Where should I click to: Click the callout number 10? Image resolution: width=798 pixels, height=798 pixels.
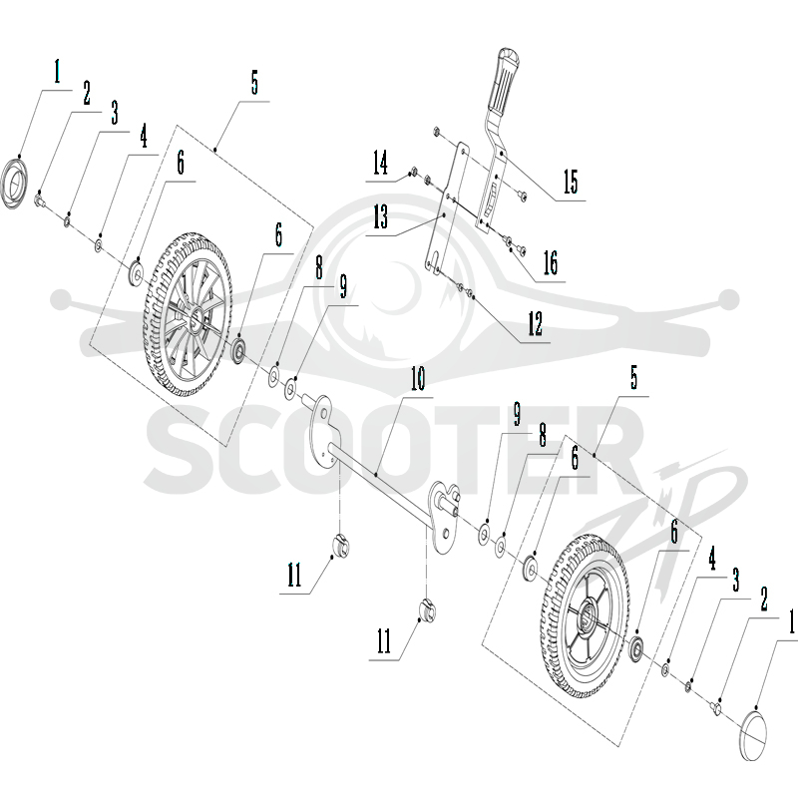(417, 379)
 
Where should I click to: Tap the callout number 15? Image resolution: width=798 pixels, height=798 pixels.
(571, 182)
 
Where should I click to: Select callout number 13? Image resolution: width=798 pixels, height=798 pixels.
(381, 217)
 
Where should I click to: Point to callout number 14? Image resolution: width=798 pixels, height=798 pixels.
(380, 163)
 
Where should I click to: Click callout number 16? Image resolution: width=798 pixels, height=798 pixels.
(551, 262)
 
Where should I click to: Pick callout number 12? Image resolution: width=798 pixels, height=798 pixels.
(535, 323)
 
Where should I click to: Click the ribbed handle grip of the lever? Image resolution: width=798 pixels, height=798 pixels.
(505, 85)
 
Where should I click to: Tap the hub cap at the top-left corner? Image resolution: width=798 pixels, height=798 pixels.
(14, 184)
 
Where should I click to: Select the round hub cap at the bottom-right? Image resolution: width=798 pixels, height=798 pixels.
(752, 736)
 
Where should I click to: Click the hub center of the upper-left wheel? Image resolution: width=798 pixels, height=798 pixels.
(196, 319)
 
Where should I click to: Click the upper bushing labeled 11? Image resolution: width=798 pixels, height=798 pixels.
(341, 547)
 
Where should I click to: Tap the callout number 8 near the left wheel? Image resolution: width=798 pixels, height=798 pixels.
(319, 267)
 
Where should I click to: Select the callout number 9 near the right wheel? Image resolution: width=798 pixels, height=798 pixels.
(518, 414)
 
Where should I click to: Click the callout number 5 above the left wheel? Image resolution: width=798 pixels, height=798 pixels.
(254, 83)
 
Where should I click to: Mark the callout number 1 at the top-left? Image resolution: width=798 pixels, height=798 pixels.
(57, 71)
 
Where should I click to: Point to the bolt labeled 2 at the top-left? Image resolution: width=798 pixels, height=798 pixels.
(39, 199)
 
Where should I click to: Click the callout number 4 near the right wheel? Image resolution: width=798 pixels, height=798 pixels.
(712, 559)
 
